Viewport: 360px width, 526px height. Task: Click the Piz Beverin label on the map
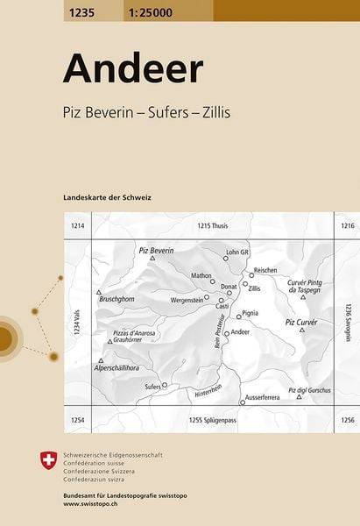(157, 252)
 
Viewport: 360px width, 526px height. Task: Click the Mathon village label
(201, 275)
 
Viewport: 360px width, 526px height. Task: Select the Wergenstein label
(187, 299)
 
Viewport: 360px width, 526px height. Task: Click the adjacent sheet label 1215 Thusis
(213, 226)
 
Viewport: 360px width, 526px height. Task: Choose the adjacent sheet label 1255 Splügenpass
(213, 423)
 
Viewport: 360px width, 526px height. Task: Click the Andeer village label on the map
(240, 333)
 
